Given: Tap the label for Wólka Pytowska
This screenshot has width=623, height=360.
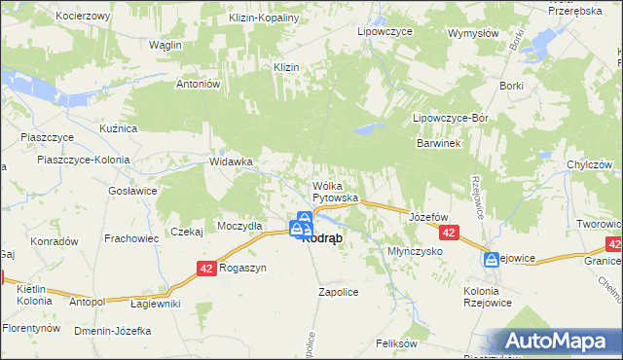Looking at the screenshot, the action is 335,192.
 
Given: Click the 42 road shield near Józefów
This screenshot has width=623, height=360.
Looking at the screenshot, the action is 449,234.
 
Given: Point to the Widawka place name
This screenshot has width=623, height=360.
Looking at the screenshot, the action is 232,162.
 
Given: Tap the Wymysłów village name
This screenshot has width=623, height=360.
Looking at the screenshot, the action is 473,32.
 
